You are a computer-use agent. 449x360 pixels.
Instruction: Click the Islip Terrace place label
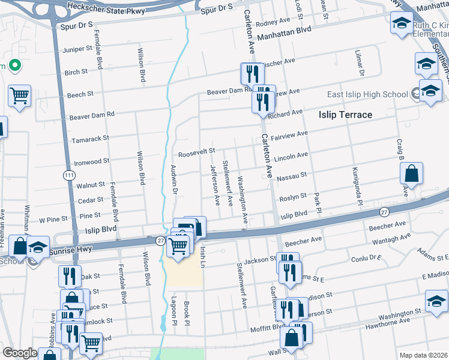coord(345,115)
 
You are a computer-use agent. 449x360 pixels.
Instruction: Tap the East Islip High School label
coord(367,95)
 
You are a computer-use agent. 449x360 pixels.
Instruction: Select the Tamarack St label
coord(90,138)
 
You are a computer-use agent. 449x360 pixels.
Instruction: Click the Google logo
coord(20,353)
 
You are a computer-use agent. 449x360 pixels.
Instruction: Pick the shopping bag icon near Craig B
coord(412,173)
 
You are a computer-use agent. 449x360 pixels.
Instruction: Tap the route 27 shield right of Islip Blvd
coord(384,212)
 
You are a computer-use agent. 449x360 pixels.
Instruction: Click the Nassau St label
coord(291,176)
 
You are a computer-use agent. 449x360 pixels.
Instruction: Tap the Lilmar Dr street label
coord(361,64)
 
